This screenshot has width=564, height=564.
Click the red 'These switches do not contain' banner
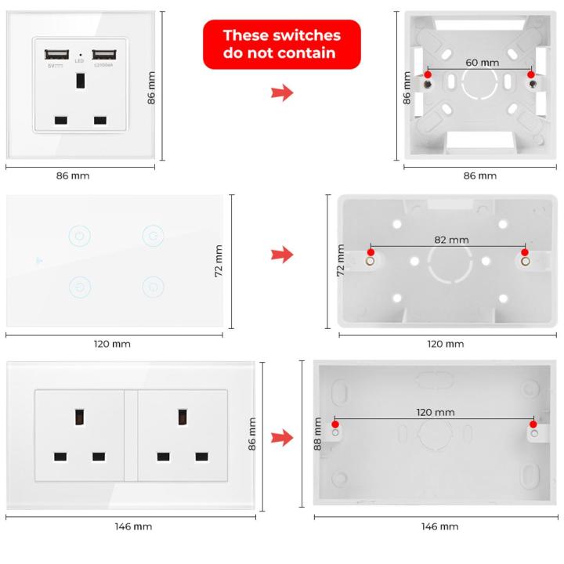pos(282,45)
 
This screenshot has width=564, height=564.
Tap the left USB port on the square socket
pos(56,55)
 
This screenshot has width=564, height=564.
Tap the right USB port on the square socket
pos(103,55)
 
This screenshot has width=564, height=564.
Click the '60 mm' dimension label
pos(482,62)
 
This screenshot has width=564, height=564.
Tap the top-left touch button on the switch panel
pos(79,234)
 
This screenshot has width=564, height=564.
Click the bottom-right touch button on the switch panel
pos(152,286)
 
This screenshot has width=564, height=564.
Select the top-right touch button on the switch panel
pos(152,234)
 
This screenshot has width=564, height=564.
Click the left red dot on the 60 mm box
pos(427,74)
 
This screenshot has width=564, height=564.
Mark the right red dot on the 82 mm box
pos(525,252)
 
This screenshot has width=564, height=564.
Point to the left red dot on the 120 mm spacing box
pos(335,424)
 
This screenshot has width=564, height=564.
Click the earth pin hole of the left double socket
pos(80,417)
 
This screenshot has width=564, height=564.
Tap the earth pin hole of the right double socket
pos(183,417)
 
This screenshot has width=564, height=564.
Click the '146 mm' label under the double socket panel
pos(132,526)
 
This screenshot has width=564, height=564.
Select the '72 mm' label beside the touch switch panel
pos(219,260)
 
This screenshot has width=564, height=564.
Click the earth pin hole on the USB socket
pos(80,81)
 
